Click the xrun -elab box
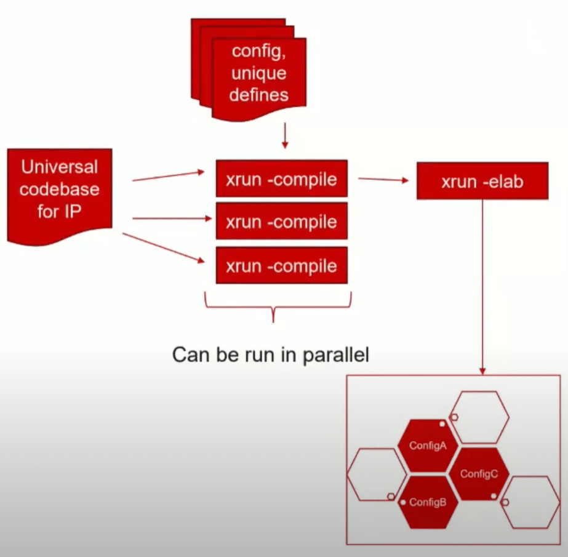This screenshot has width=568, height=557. pos(482,181)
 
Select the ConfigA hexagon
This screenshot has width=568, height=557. pos(431,446)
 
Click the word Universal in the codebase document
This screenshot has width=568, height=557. pos(60,166)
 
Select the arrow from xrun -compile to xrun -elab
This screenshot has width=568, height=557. pos(383,180)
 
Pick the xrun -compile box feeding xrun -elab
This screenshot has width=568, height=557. pos(281,179)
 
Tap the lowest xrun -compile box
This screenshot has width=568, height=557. pos(281,265)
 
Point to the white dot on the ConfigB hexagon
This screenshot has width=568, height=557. pos(402,502)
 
